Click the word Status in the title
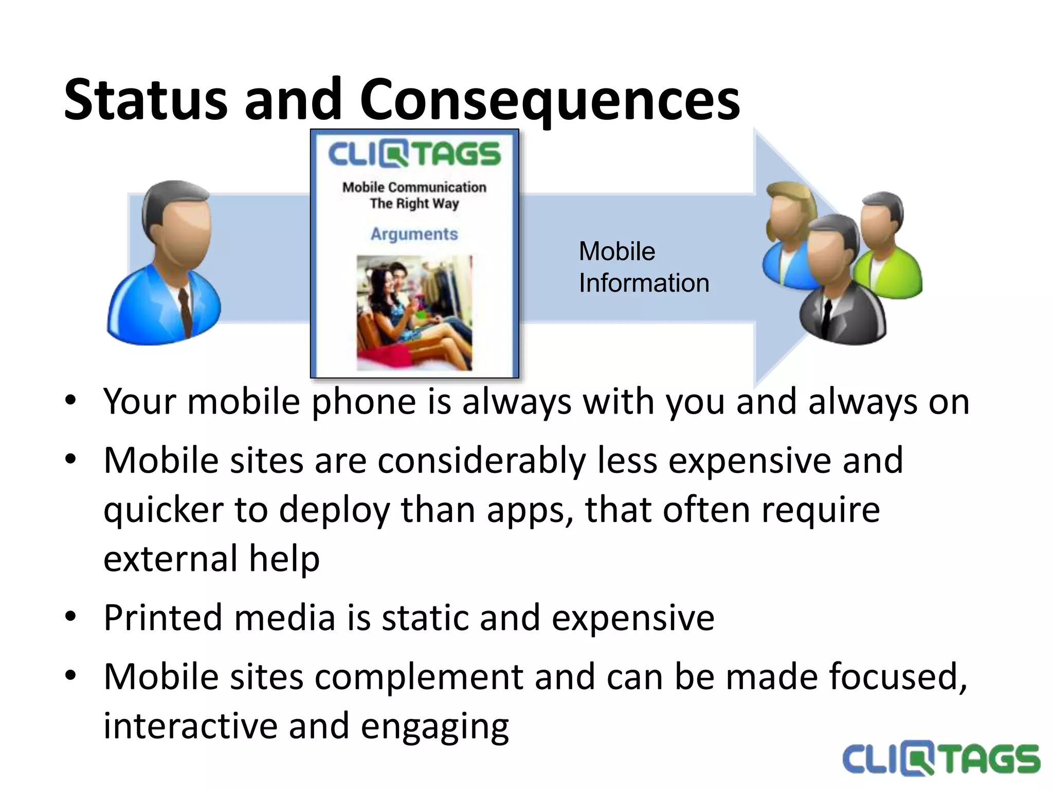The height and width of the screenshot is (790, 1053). click(146, 99)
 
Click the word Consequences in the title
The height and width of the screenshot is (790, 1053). click(549, 99)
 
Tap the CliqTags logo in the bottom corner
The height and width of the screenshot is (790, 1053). click(940, 760)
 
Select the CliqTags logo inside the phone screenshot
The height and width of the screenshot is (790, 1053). click(414, 154)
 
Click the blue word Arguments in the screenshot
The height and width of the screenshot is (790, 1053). click(414, 234)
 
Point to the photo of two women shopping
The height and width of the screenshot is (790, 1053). click(414, 313)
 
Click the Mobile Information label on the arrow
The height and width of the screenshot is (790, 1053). click(643, 267)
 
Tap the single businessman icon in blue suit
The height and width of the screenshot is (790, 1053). click(166, 262)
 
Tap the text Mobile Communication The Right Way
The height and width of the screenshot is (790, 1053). click(414, 195)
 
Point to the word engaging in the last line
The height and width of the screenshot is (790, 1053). click(434, 726)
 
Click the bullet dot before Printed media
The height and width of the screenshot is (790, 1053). click(70, 616)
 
